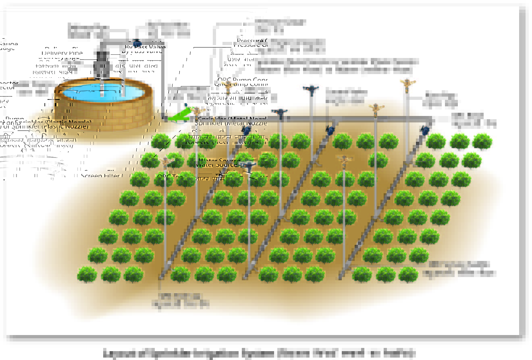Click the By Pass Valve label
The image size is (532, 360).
click(x=142, y=51)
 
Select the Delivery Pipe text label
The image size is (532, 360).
click(x=62, y=53)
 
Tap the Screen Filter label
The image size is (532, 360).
click(x=100, y=176)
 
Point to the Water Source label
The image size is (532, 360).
click(x=216, y=165)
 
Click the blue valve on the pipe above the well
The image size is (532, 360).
click(x=137, y=42)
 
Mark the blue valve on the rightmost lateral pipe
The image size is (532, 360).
click(x=424, y=130)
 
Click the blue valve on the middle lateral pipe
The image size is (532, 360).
click(x=330, y=130)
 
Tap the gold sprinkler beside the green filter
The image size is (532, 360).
click(x=197, y=110)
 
